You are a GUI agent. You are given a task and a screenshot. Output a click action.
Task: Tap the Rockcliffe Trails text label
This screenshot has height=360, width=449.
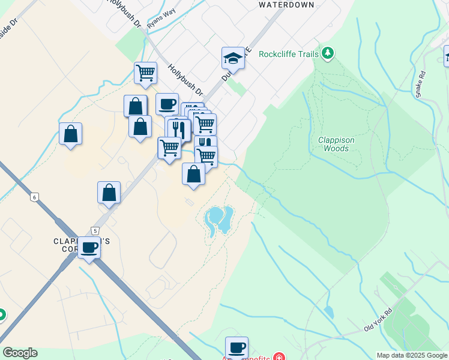pyautogui.click(x=288, y=54)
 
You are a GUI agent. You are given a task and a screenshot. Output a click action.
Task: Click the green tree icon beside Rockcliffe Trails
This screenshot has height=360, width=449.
pyautogui.click(x=327, y=53)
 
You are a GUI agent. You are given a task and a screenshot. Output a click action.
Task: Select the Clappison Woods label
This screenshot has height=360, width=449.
pyautogui.click(x=336, y=144)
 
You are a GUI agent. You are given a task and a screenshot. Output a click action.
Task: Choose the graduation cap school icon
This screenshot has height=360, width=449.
pyautogui.click(x=233, y=58)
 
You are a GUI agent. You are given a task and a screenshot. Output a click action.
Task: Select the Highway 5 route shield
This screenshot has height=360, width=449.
pyautogui.click(x=95, y=230)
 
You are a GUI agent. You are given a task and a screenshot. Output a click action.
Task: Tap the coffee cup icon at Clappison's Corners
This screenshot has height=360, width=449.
pyautogui.click(x=89, y=247)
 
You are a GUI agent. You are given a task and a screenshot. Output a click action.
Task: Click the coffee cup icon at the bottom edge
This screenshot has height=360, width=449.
pyautogui.click(x=237, y=347)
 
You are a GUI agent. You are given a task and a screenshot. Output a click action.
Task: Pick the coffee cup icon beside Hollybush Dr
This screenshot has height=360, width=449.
pyautogui.click(x=167, y=104)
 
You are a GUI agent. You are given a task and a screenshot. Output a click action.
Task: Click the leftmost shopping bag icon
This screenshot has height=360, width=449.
pyautogui.click(x=71, y=134)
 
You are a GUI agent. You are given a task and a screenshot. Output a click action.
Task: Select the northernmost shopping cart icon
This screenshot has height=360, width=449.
pyautogui.click(x=145, y=73)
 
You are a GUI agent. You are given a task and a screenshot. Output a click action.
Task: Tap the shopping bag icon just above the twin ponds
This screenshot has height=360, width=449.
pyautogui.click(x=193, y=174)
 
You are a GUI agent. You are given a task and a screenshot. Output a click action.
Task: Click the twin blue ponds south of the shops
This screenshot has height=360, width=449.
pyautogui.click(x=218, y=219)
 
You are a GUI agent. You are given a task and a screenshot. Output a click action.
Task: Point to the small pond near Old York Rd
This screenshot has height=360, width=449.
pyautogui.click(x=329, y=311)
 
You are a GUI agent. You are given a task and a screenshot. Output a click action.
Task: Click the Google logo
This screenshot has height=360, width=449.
pyautogui.click(x=20, y=353)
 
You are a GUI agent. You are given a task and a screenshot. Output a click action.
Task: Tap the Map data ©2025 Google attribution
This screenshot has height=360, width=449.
pyautogui.click(x=411, y=355)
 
